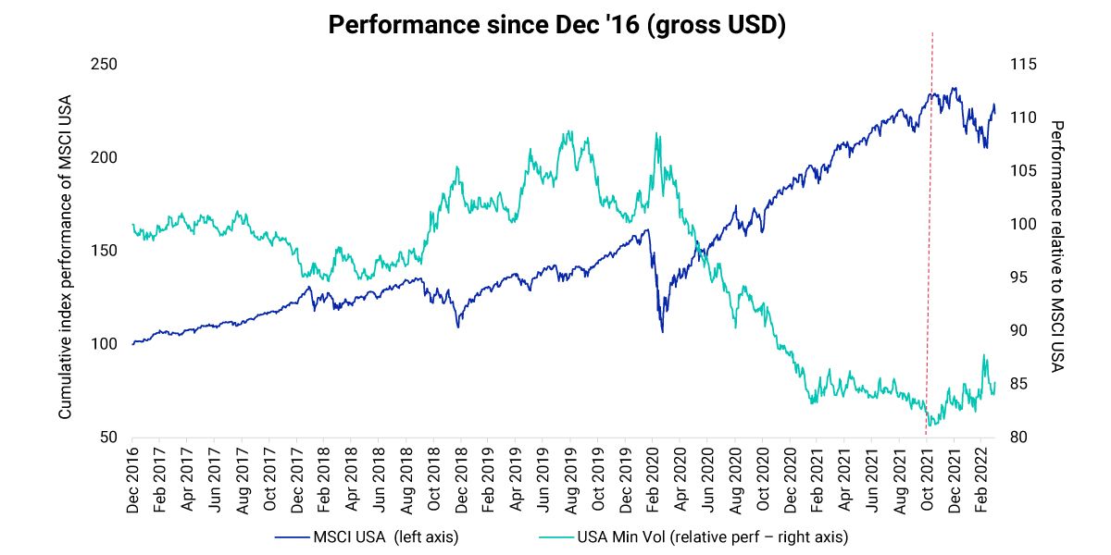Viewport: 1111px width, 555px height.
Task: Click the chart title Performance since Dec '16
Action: tap(555, 25)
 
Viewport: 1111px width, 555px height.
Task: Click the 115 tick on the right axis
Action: tap(1022, 65)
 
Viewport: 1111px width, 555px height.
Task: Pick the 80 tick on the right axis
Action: tap(1018, 438)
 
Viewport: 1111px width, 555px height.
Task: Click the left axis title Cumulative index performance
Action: tap(66, 257)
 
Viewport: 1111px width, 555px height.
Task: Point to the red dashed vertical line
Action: tap(930, 231)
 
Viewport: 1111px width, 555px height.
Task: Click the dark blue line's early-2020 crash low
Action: tap(662, 331)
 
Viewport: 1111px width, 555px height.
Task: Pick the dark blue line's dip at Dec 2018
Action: tap(457, 327)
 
